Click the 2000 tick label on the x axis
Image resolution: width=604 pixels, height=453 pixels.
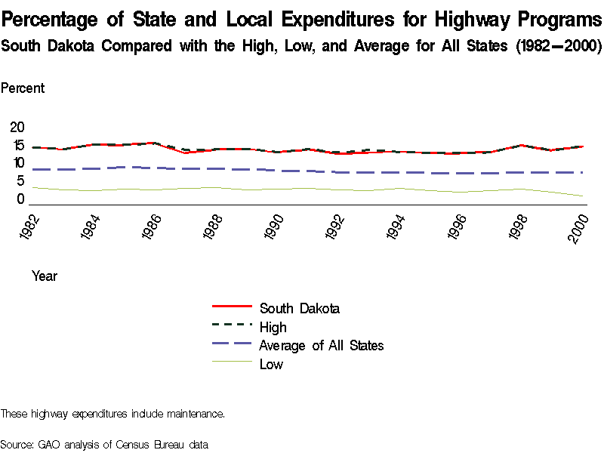click(x=579, y=225)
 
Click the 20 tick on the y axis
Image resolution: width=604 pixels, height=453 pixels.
click(x=17, y=128)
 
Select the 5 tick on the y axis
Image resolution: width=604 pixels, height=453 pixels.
click(x=20, y=181)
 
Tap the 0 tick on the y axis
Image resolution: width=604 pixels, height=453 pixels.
click(x=20, y=199)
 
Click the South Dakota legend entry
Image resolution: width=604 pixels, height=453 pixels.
click(x=299, y=308)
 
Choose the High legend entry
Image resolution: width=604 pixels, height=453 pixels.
click(x=273, y=327)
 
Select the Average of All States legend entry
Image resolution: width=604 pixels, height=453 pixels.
click(x=321, y=345)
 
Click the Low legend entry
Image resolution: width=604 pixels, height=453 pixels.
click(x=271, y=364)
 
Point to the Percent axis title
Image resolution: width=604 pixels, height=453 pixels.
click(x=23, y=88)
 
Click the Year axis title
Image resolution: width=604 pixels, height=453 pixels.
click(x=45, y=276)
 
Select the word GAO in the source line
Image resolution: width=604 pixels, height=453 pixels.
click(x=50, y=444)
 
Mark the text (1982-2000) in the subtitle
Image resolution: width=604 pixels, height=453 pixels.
click(x=558, y=46)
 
